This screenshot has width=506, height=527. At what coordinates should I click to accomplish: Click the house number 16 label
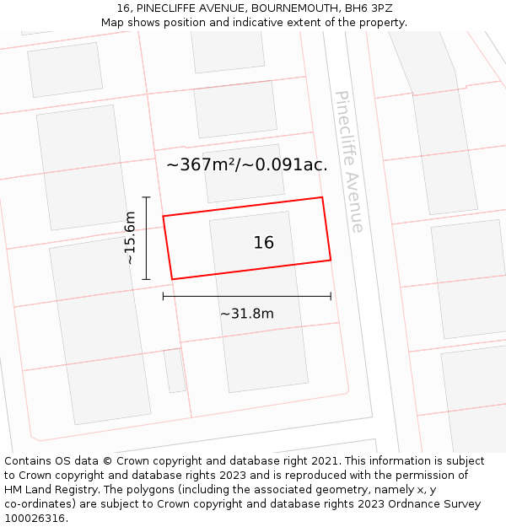(264, 243)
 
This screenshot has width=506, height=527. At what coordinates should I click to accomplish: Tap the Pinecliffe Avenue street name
(349, 161)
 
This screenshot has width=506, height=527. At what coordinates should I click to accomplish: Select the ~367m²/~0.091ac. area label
(247, 165)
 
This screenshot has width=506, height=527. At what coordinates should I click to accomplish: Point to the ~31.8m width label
(247, 315)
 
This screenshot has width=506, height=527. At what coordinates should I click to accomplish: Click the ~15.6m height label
(130, 238)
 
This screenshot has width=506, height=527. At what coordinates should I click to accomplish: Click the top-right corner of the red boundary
(322, 197)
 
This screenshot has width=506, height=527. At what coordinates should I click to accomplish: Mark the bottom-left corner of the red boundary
(172, 279)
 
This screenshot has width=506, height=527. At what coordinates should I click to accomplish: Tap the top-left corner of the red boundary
(163, 216)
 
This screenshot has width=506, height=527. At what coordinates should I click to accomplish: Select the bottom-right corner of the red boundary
(331, 260)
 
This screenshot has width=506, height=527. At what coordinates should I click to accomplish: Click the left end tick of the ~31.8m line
(163, 296)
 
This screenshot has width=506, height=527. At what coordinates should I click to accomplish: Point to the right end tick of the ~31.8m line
(331, 296)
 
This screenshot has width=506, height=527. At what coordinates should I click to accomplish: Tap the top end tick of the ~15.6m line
(146, 197)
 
